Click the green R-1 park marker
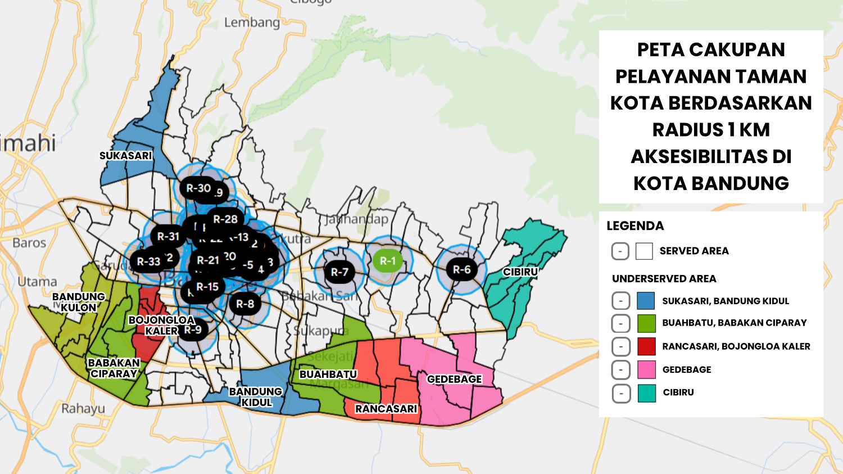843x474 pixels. [387, 261]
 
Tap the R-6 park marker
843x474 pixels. [461, 270]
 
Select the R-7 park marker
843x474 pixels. [339, 272]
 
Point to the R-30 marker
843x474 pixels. [198, 188]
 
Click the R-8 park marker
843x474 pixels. [245, 304]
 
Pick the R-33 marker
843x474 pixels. [149, 261]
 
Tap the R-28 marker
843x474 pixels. [225, 219]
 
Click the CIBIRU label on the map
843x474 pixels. [520, 272]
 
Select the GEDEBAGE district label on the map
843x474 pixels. [454, 380]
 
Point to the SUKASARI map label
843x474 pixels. [126, 156]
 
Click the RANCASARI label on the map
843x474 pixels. [386, 409]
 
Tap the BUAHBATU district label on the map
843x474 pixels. [328, 374]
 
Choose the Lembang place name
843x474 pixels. [252, 22]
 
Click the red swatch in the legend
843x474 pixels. [646, 346]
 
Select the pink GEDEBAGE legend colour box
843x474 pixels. [646, 369]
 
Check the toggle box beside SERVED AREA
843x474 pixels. [620, 251]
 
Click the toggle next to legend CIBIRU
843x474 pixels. [620, 393]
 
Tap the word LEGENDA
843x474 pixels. [635, 226]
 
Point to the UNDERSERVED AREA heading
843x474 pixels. [664, 279]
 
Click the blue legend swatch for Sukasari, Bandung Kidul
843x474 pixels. [646, 301]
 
